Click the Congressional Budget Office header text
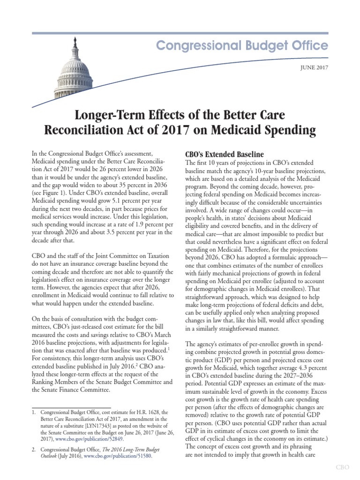pos(242,46)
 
